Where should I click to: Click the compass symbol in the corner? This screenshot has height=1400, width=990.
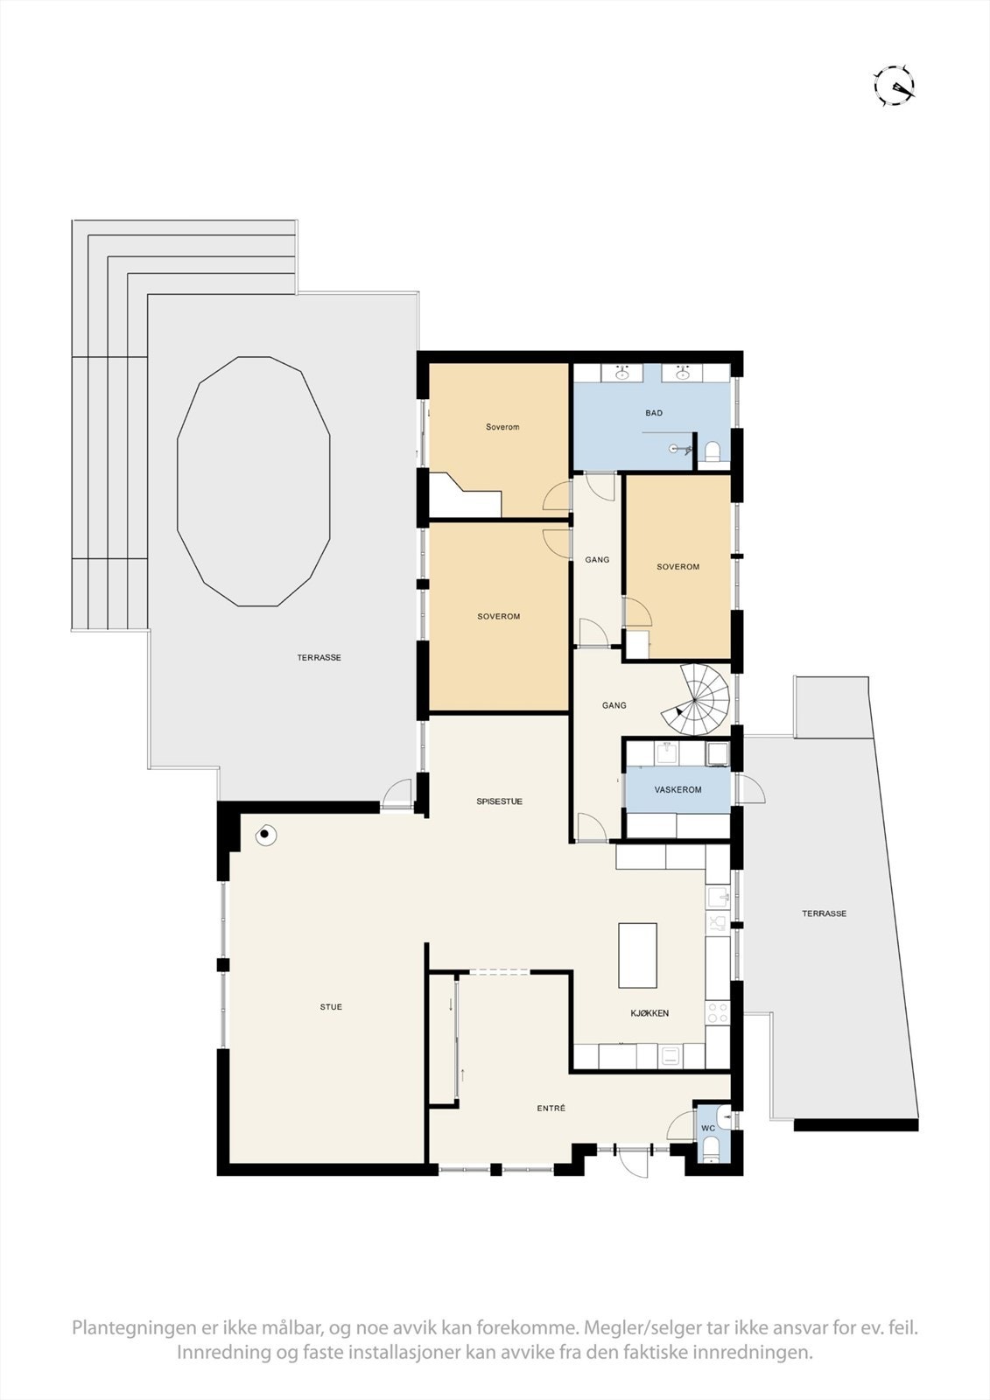[894, 86]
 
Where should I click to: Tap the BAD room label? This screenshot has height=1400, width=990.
[654, 413]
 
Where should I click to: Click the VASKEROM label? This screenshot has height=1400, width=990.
[678, 790]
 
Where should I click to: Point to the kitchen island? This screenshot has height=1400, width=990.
[637, 955]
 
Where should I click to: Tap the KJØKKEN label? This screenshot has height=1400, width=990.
[649, 1013]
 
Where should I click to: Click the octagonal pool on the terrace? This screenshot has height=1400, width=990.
[254, 481]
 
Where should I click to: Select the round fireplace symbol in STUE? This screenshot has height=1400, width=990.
[264, 836]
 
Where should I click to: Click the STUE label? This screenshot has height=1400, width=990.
[331, 1007]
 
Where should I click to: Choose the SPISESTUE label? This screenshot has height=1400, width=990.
[499, 801]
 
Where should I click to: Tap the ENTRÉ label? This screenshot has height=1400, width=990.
[551, 1109]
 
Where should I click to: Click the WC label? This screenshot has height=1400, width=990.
[708, 1129]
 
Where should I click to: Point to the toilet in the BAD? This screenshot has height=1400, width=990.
[713, 451]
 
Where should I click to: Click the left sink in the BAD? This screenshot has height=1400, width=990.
[623, 374]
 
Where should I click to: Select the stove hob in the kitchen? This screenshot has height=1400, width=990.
[718, 1013]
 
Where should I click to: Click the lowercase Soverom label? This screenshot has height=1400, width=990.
[502, 427]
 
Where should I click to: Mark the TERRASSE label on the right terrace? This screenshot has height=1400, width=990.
[824, 913]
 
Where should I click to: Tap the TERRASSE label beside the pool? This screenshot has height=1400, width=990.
[319, 658]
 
